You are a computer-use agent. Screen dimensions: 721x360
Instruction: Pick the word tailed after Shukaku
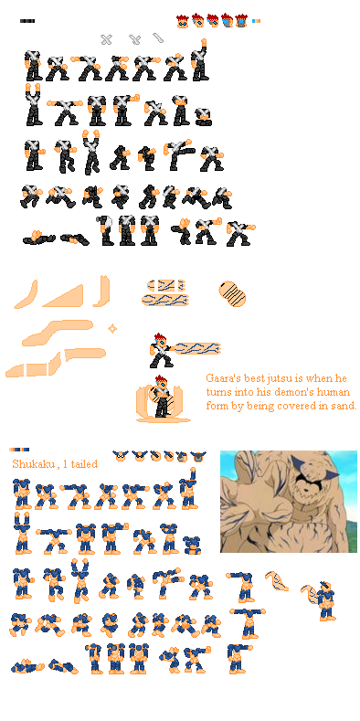tap(83, 464)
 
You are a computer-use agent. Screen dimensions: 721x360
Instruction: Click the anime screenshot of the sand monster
tap(288, 501)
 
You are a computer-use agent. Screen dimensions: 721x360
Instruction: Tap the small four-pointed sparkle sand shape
tap(112, 327)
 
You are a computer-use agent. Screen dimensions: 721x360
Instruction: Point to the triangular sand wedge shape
tap(63, 294)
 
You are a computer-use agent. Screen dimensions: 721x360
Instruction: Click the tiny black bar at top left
tap(27, 20)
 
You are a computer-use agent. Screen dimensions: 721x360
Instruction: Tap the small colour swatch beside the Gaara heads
tap(256, 20)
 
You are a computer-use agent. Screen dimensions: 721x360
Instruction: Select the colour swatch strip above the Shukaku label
tap(19, 449)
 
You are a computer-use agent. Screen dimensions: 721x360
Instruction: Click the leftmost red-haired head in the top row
tap(183, 20)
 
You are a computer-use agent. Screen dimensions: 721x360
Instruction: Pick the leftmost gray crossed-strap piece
tap(106, 39)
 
